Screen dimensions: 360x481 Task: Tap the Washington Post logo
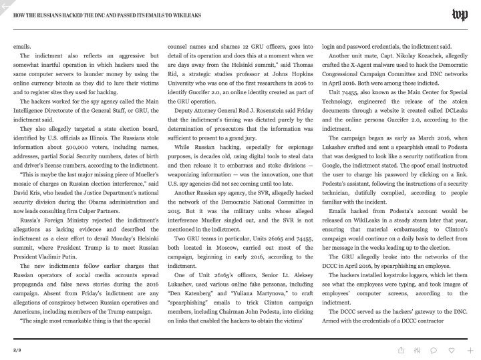coord(460,15)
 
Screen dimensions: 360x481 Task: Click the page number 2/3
coord(17,349)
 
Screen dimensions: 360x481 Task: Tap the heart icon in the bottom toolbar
coord(451,349)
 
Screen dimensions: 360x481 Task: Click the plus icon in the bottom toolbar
coord(470,349)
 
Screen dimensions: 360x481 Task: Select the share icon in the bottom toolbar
coord(400,349)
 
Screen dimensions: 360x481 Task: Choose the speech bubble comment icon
coord(434,349)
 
